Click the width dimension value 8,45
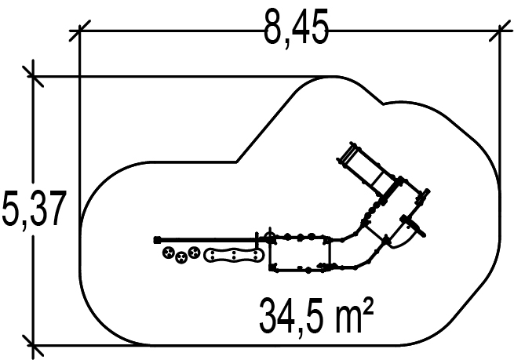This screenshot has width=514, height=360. coord(296,28)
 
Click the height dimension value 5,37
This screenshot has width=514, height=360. coord(34,209)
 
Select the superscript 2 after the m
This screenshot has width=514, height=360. coord(368,306)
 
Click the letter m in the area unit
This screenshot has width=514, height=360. coord(348,320)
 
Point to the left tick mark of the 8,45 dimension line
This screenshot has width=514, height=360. coord(80,31)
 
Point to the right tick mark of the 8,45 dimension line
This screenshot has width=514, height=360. coord(500,31)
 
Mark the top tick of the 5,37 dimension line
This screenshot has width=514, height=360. coord(32,76)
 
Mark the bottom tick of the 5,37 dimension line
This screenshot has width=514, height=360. coord(32,345)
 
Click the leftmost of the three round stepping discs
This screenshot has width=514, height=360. coord(169,253)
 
